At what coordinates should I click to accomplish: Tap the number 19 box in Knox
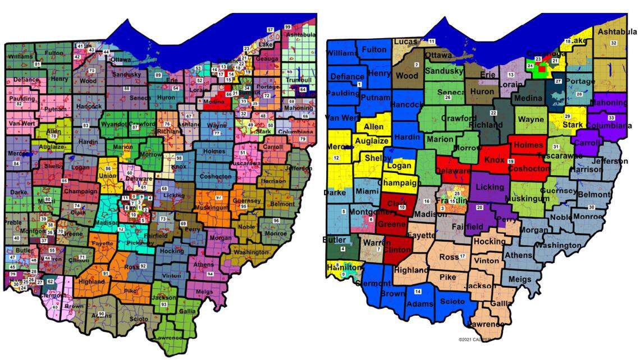[x=510, y=162]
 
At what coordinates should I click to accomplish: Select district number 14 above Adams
[x=417, y=291]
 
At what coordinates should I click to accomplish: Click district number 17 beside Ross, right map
[x=463, y=256]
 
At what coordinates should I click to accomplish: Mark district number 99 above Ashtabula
[x=287, y=27]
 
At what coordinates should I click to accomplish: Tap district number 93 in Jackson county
[x=164, y=304]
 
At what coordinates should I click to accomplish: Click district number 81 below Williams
[x=38, y=65]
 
